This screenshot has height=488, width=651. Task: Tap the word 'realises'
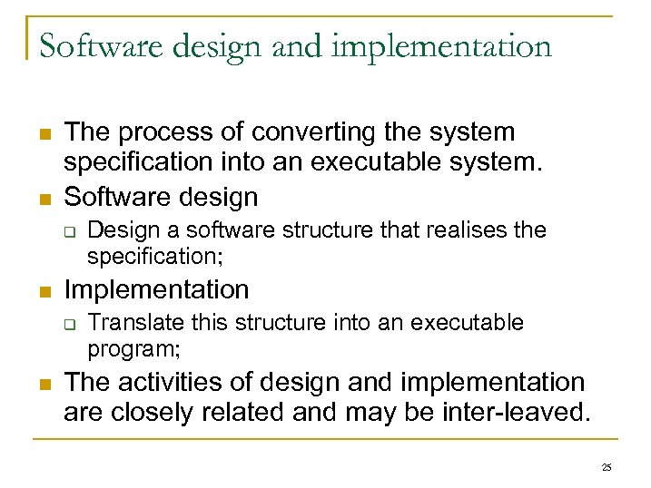469,230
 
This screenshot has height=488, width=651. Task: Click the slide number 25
607,468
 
